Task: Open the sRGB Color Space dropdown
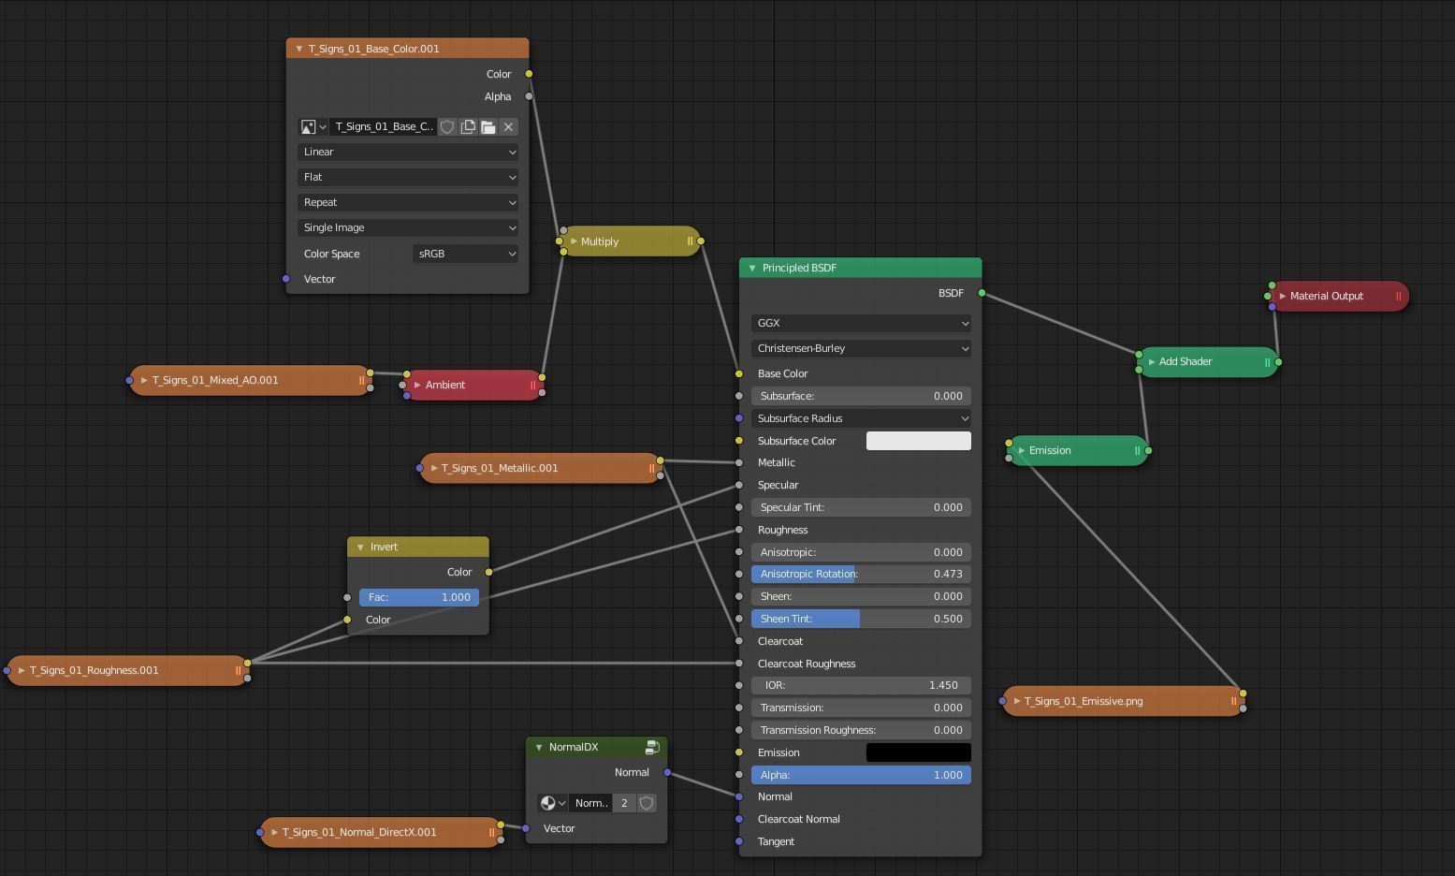465,254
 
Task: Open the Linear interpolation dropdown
408,152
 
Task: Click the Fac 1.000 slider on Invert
418,597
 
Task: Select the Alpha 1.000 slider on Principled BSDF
860,775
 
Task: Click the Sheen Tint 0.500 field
860,619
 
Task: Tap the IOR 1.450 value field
860,685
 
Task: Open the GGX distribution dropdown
860,323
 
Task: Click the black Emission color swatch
918,752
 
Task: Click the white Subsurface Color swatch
918,441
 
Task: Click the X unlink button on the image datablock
508,126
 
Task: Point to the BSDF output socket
982,293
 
